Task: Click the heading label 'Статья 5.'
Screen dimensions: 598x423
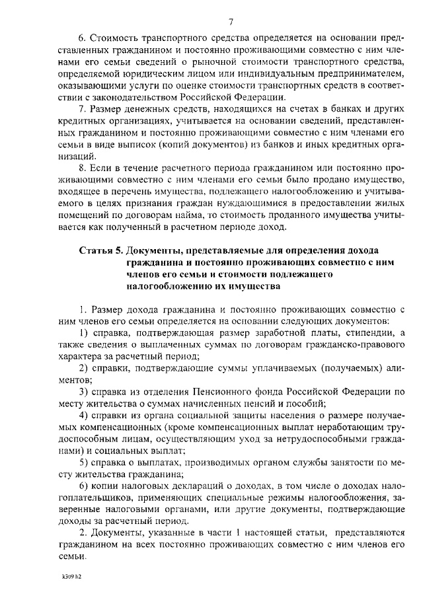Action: [100, 251]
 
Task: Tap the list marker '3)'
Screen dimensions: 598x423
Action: [84, 391]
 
